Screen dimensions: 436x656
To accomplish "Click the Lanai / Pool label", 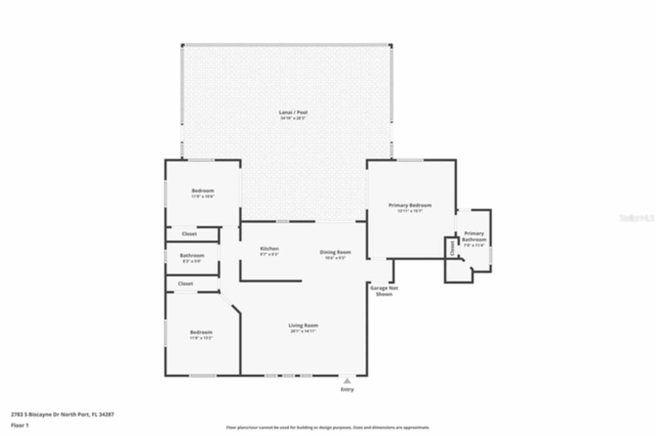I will tap(293, 112).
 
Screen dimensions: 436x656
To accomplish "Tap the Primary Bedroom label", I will tap(409, 205).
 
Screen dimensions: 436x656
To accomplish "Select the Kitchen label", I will tap(269, 249).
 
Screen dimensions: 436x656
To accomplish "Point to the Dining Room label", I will tap(335, 252).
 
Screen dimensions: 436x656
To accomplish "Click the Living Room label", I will tap(303, 325).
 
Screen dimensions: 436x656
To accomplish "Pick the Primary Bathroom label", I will tap(474, 236).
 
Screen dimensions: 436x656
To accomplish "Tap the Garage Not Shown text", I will tap(384, 291).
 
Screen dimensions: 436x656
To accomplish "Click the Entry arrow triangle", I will tap(347, 381).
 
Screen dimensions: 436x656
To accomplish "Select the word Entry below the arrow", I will tap(347, 389).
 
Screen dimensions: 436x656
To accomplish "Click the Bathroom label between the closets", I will tap(192, 255).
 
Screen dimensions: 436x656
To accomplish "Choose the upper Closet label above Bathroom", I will tap(189, 234).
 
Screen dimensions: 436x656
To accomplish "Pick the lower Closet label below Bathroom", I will tap(185, 284).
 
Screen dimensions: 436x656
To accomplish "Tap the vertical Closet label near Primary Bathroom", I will tap(452, 248).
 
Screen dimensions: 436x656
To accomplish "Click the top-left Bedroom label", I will tap(202, 191).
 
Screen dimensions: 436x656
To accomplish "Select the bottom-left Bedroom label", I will tap(201, 332).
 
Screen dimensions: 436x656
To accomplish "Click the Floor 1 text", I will tap(20, 425).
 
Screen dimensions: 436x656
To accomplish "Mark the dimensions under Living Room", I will tap(303, 331).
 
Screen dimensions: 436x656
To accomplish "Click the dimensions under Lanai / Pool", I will tap(293, 118).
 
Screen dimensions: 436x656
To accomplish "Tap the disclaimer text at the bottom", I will tap(328, 427).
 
